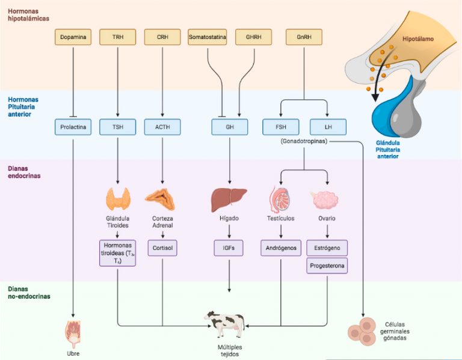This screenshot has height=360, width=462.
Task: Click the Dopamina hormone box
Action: point(73,37)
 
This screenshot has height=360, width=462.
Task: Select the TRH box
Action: point(118,37)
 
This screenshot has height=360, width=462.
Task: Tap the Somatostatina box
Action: point(208,37)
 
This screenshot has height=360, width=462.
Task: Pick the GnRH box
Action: point(304,37)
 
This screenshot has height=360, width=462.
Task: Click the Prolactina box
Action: point(73,127)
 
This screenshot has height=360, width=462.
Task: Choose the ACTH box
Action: point(162,127)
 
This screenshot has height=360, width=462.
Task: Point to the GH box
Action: point(230,127)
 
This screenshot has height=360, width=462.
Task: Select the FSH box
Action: point(281,127)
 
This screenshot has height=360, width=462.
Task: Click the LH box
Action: point(328,127)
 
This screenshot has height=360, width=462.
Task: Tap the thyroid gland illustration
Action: point(118,199)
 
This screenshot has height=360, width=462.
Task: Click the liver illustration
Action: point(229,200)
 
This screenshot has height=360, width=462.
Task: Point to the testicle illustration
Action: point(280,200)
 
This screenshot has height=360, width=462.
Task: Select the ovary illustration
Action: point(325,200)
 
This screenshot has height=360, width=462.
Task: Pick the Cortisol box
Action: point(162,248)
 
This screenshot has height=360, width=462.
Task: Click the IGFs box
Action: point(229,248)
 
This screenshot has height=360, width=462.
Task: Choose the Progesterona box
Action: point(327,266)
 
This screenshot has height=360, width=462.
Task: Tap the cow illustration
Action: point(225,325)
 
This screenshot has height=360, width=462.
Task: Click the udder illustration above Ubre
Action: point(72,334)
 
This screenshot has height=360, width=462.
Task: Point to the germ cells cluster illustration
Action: point(362,331)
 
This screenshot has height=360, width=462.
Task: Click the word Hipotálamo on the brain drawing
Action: point(418,39)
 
